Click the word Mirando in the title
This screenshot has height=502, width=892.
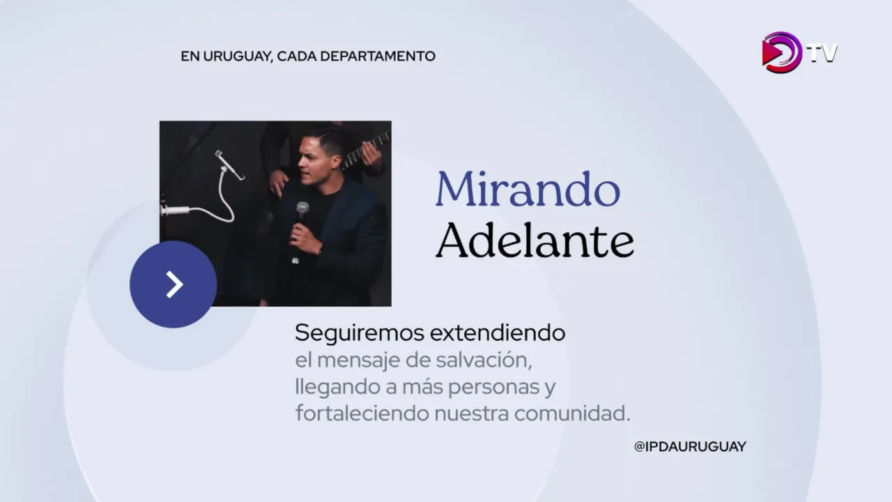point(528,189)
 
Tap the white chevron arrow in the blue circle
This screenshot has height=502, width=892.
point(174,284)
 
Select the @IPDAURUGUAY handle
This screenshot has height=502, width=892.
point(690,447)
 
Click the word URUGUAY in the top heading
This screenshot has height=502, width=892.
point(238,56)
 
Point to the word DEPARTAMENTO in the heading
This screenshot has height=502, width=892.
point(378,56)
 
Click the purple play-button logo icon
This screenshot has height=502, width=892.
point(782,52)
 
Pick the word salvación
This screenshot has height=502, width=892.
point(484,360)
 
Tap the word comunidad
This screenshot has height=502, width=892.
point(572,413)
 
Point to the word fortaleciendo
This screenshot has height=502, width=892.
point(362,413)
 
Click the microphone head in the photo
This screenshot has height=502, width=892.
point(302,208)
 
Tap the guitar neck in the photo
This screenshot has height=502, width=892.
point(367,149)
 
